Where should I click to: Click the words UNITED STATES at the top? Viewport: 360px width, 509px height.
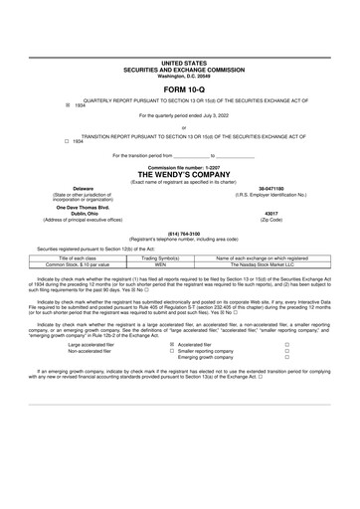[179, 62]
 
